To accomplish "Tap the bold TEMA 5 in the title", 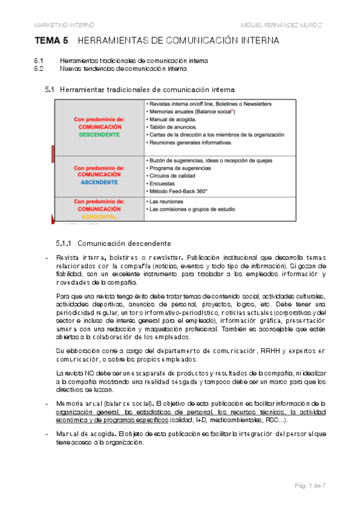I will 52,41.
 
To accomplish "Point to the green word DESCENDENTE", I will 99,135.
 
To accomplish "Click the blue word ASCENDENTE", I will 99,182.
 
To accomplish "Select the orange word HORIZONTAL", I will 99,215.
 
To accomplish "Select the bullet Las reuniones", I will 169,201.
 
